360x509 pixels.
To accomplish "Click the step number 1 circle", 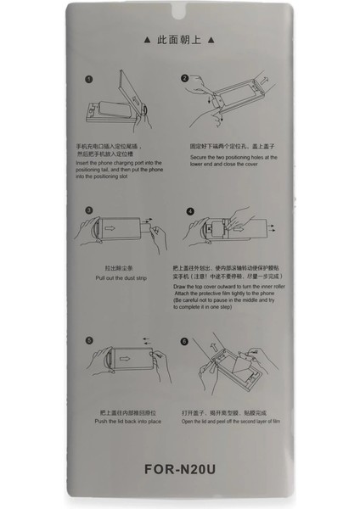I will (88, 80).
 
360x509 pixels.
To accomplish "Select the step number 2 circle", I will (184, 79).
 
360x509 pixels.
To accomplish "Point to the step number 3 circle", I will (88, 210).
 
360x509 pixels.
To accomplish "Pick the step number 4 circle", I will (190, 210).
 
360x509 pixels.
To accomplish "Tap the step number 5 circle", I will (88, 340).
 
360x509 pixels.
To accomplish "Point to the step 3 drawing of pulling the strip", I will (119, 233).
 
